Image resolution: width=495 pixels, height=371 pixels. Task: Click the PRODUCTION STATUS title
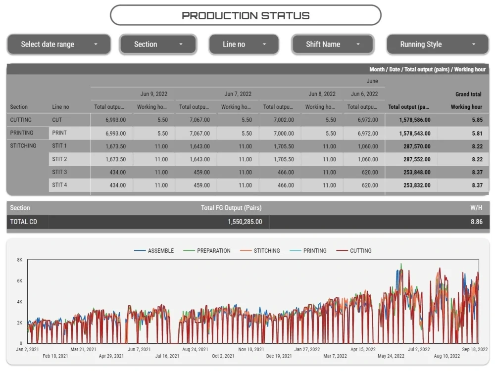[x=246, y=15]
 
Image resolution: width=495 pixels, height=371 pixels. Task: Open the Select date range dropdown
[x=59, y=44]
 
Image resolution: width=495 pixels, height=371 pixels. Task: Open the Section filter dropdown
[x=158, y=44]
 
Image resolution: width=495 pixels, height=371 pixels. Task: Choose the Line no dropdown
[x=244, y=44]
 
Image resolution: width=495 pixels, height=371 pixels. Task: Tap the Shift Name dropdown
[x=333, y=44]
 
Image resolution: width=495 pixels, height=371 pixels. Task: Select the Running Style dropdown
[x=438, y=44]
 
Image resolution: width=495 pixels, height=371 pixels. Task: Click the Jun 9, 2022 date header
[x=154, y=94]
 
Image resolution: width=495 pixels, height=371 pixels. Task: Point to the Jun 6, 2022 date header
[x=364, y=94]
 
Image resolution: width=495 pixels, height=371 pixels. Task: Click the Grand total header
[x=468, y=94]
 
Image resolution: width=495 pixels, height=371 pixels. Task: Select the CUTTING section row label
[x=21, y=120]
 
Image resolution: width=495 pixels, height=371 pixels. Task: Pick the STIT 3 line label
[x=59, y=172]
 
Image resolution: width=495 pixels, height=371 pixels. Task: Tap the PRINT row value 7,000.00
[x=284, y=134]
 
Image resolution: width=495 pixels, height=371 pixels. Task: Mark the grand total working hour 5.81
[x=477, y=134]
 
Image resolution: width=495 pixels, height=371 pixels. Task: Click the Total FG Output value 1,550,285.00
[x=245, y=222]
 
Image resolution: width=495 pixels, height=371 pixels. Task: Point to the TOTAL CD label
[x=23, y=222]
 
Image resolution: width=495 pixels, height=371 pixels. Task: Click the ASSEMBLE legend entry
[x=154, y=251]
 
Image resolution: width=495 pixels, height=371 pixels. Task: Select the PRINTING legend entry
[x=308, y=251]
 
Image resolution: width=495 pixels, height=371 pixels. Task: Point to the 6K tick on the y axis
[x=20, y=281]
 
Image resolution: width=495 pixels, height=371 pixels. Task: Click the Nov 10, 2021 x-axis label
[x=251, y=349]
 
